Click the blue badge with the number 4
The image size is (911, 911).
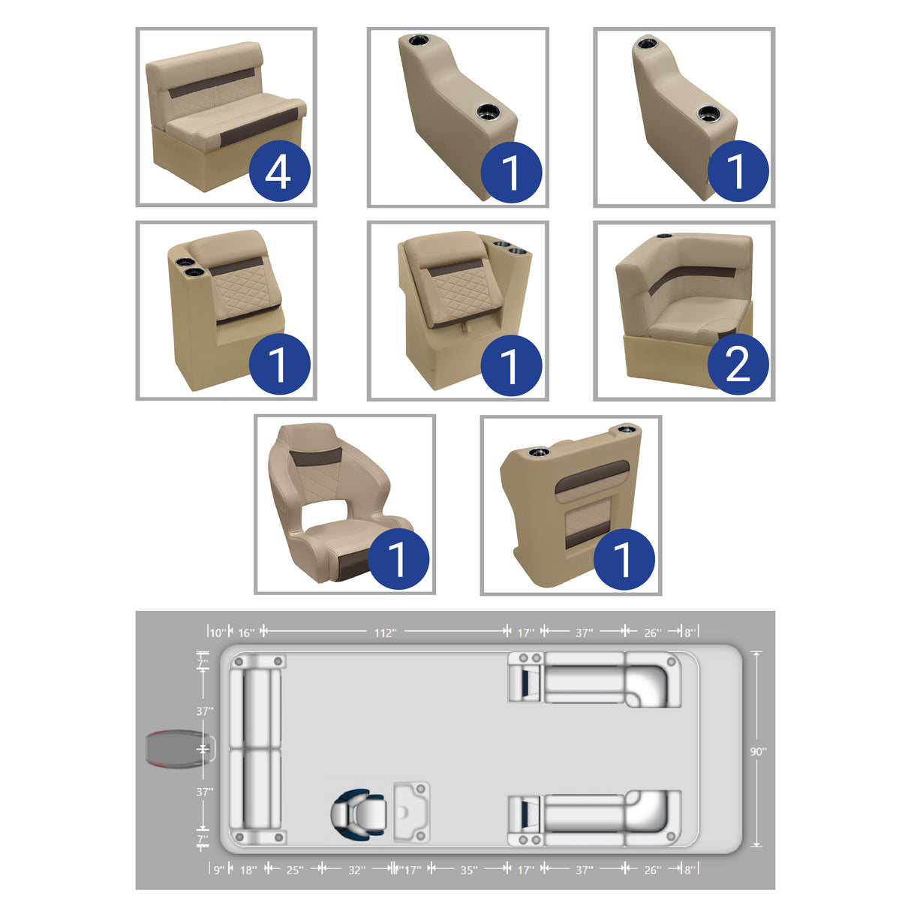click(x=278, y=171)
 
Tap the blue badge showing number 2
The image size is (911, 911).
click(x=738, y=365)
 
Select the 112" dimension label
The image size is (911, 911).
click(x=385, y=633)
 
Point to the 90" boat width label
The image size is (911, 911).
click(x=758, y=751)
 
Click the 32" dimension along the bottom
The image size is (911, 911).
click(x=356, y=870)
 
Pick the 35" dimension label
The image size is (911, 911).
click(x=468, y=870)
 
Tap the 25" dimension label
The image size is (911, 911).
click(x=295, y=870)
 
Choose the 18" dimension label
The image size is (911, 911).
click(x=248, y=870)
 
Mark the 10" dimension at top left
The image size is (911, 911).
click(x=217, y=633)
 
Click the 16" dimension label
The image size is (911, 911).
click(x=246, y=633)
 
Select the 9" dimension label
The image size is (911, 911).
click(x=218, y=870)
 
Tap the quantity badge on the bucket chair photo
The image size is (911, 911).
click(x=398, y=559)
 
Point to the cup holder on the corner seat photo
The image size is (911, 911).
click(x=663, y=237)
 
